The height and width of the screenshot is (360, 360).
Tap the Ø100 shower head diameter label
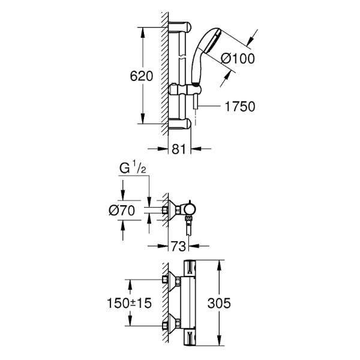[x=239, y=58]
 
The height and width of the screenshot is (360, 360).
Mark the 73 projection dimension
[x=178, y=245]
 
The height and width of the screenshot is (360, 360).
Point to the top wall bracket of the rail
[x=180, y=28]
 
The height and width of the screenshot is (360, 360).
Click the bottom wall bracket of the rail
[x=180, y=124]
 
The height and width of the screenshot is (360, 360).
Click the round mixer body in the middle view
[x=190, y=209]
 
